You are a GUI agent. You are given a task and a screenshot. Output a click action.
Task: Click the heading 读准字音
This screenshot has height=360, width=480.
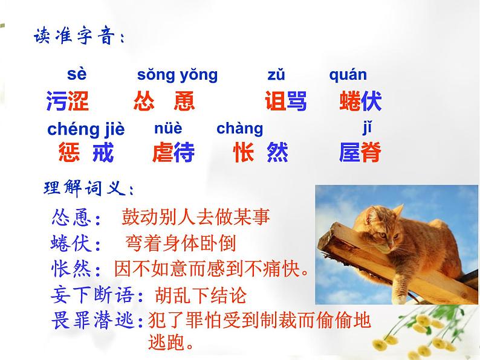click(x=79, y=36)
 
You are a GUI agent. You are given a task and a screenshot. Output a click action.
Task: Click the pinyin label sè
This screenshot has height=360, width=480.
click(x=77, y=74)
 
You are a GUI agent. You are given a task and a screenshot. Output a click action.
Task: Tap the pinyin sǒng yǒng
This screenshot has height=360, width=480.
click(x=177, y=75)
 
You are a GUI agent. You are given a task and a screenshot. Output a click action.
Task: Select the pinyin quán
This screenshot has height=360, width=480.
click(x=348, y=75)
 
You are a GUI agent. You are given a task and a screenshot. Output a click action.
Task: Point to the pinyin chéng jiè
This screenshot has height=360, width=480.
click(x=86, y=129)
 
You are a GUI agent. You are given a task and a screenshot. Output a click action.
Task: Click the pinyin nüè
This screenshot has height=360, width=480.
click(x=168, y=128)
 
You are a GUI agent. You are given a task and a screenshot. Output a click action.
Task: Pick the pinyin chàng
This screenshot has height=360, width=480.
click(x=239, y=129)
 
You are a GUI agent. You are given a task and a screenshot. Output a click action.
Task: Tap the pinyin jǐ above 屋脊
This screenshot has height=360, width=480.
click(x=367, y=128)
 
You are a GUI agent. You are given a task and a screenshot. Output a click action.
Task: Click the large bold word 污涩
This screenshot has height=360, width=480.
click(x=68, y=101)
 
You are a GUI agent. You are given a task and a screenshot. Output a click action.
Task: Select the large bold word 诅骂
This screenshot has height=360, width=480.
click(x=285, y=101)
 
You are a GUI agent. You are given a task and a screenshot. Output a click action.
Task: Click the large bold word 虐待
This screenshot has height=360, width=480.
click(x=174, y=152)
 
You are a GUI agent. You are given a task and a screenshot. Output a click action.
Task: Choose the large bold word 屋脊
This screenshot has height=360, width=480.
click(x=360, y=152)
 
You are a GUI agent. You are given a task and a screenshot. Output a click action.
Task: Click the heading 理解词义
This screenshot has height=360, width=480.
click(x=89, y=188)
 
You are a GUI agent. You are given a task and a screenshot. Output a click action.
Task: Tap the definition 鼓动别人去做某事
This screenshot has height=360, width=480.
click(x=196, y=217)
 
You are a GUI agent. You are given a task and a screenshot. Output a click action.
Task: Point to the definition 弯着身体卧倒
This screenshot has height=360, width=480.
click(x=181, y=243)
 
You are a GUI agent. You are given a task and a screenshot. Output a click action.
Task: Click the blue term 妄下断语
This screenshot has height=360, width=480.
click(x=92, y=295)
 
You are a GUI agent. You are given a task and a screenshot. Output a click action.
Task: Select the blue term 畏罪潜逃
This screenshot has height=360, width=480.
click(x=92, y=320)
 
